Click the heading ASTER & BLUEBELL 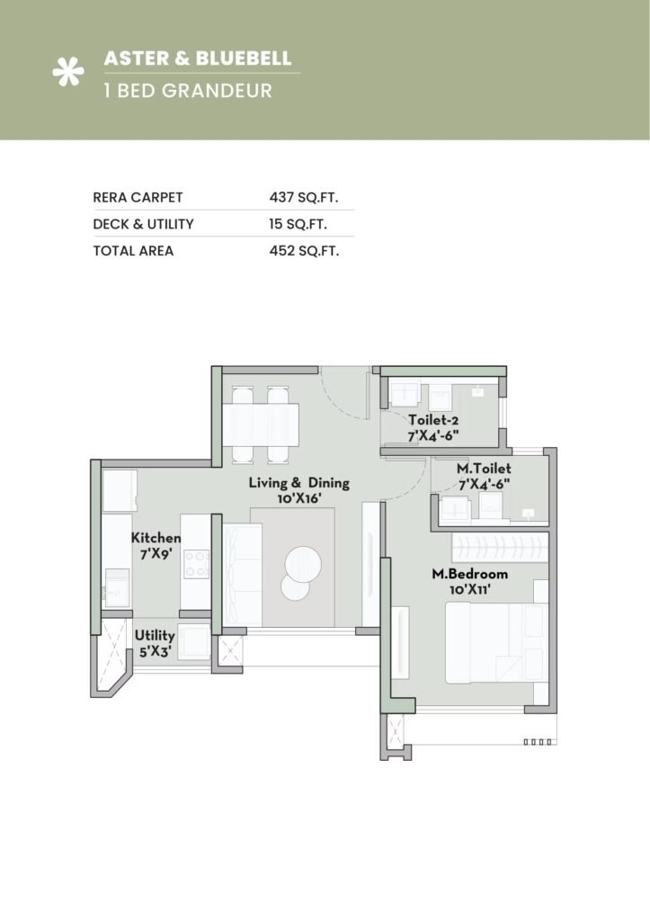click(x=198, y=58)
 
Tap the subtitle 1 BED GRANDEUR click(x=187, y=91)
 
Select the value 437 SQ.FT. click(x=303, y=196)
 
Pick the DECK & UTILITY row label click(x=143, y=224)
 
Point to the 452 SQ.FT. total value click(x=303, y=251)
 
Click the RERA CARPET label click(x=137, y=196)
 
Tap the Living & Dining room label click(x=298, y=490)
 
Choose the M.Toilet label click(x=484, y=476)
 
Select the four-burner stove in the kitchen click(x=196, y=564)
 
